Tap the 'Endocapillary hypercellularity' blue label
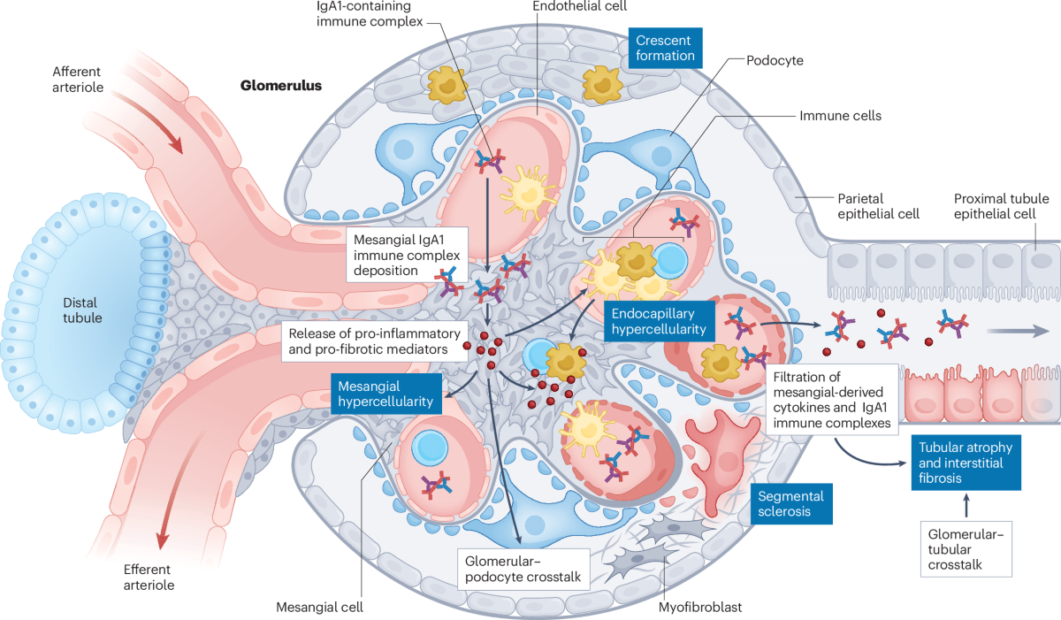point(660,321)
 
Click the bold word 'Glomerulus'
point(281,86)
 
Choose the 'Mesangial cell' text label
point(320,607)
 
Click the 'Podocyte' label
point(775,60)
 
